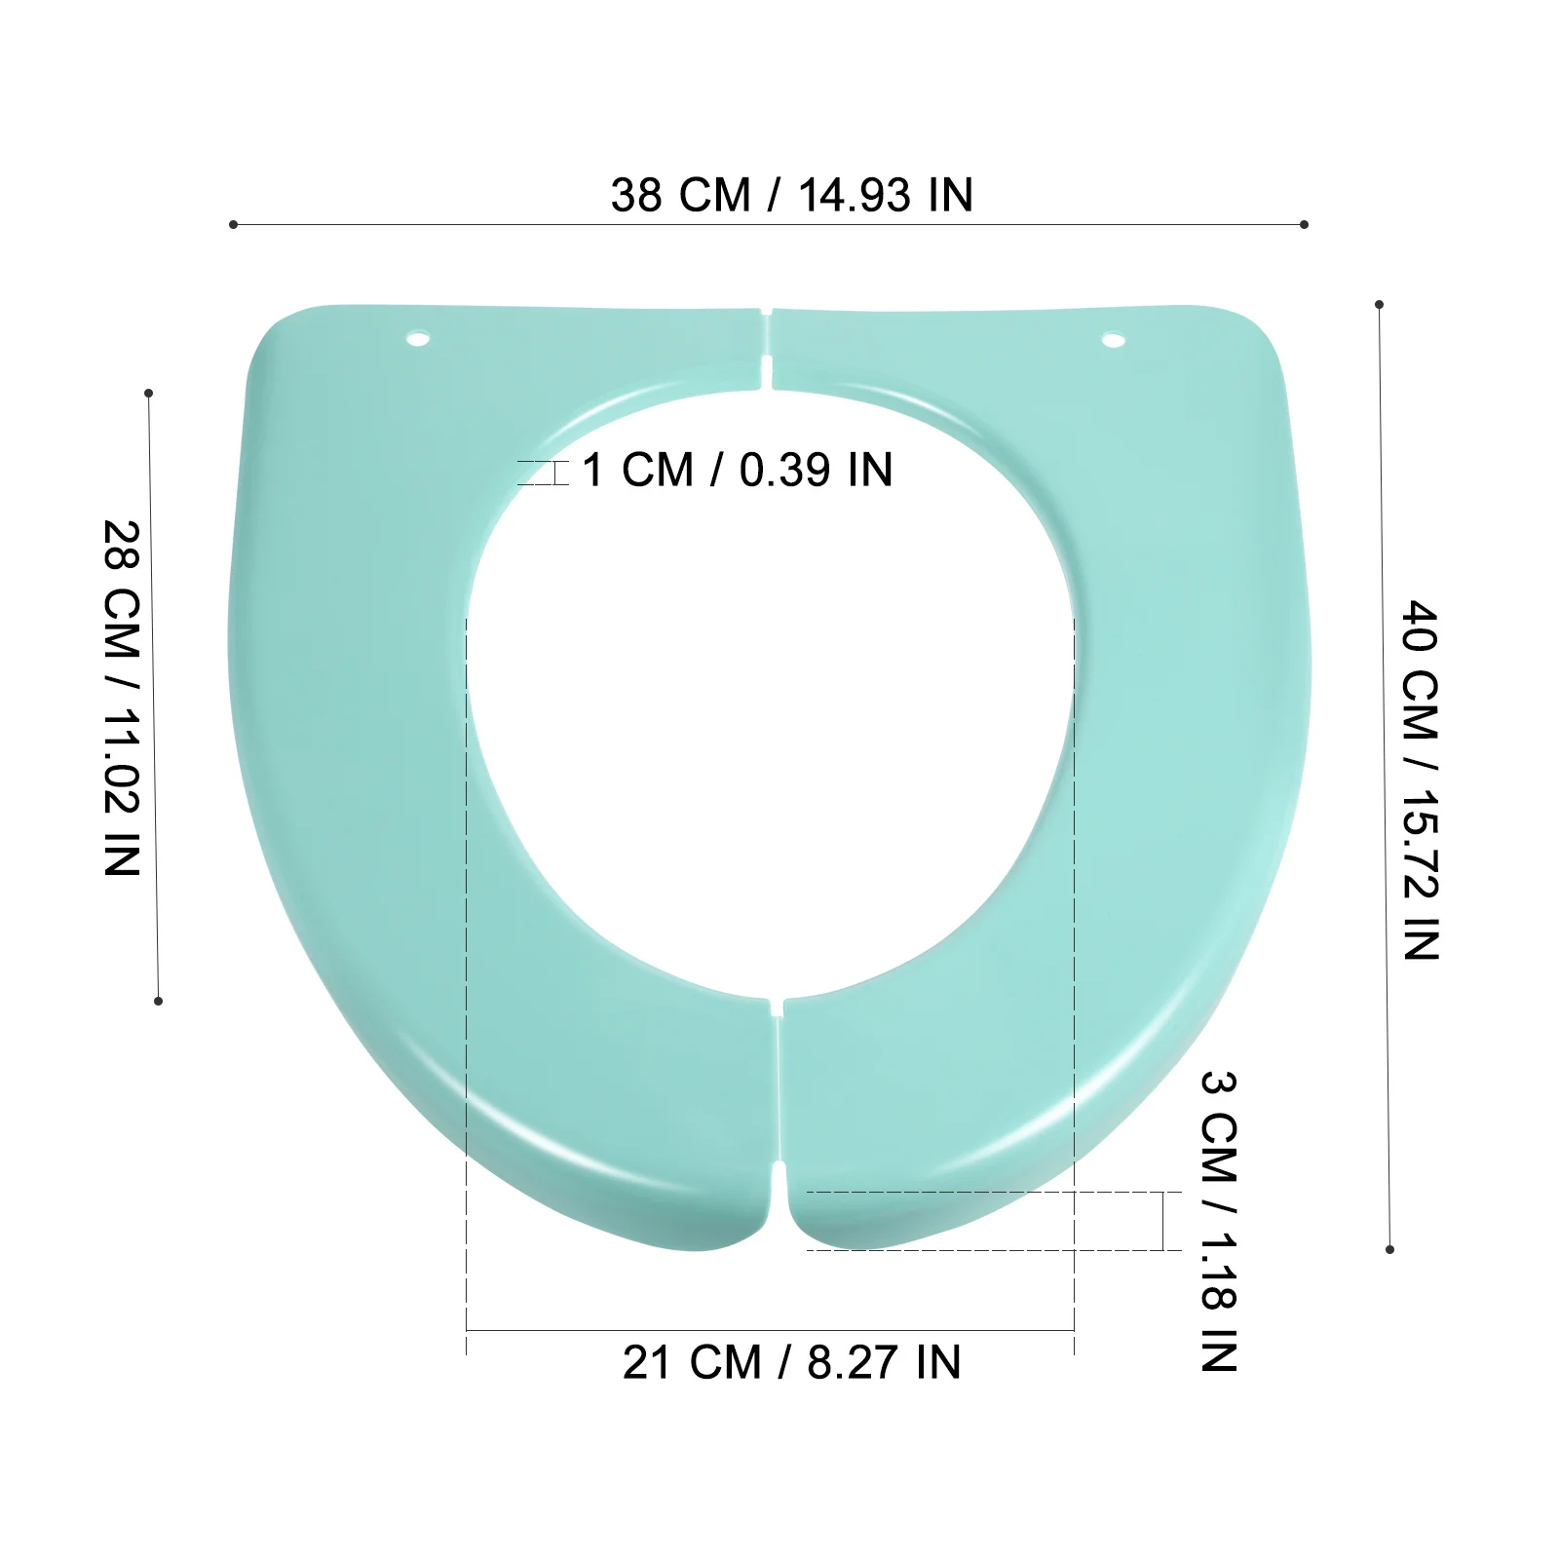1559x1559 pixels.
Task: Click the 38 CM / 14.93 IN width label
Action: tap(791, 195)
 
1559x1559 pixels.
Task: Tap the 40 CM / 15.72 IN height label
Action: tap(1420, 780)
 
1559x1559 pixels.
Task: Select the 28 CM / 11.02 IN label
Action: tap(123, 698)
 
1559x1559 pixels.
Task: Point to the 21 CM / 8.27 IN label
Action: tap(791, 1362)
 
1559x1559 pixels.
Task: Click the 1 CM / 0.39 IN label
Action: tap(737, 471)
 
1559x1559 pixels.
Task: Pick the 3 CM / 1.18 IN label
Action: tap(1219, 1221)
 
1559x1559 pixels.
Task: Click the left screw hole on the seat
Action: tap(419, 340)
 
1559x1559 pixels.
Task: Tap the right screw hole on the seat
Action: tap(1114, 340)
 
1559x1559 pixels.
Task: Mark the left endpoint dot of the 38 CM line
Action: tap(233, 224)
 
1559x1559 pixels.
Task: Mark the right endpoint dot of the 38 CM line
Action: tap(1304, 224)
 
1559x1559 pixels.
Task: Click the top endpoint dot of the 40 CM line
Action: tap(1379, 304)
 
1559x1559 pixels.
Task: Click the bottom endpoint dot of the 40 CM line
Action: tap(1389, 1249)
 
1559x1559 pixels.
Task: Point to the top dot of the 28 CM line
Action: tap(148, 393)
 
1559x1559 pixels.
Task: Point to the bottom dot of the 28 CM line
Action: tap(158, 1001)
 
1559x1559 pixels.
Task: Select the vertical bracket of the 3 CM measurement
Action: tap(1163, 1220)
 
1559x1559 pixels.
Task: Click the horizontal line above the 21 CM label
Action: tap(770, 1330)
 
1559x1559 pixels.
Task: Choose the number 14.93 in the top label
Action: tap(857, 195)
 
